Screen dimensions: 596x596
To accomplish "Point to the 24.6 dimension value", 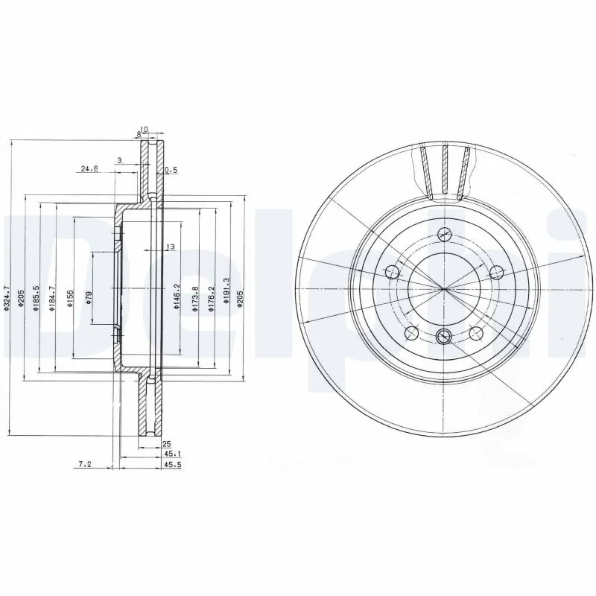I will (x=89, y=169).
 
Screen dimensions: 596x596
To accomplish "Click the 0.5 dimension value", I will (x=171, y=170).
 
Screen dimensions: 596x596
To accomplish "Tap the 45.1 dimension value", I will (x=171, y=453).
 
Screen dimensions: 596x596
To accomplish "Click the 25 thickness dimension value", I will (x=167, y=443).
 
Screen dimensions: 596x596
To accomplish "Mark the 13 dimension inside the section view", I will (x=169, y=247).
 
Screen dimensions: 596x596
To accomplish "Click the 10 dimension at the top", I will (x=145, y=130).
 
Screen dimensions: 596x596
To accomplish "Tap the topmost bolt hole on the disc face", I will (x=444, y=233).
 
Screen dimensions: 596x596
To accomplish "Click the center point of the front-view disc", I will (x=444, y=288).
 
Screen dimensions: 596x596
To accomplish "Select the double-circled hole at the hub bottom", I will (x=444, y=335).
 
